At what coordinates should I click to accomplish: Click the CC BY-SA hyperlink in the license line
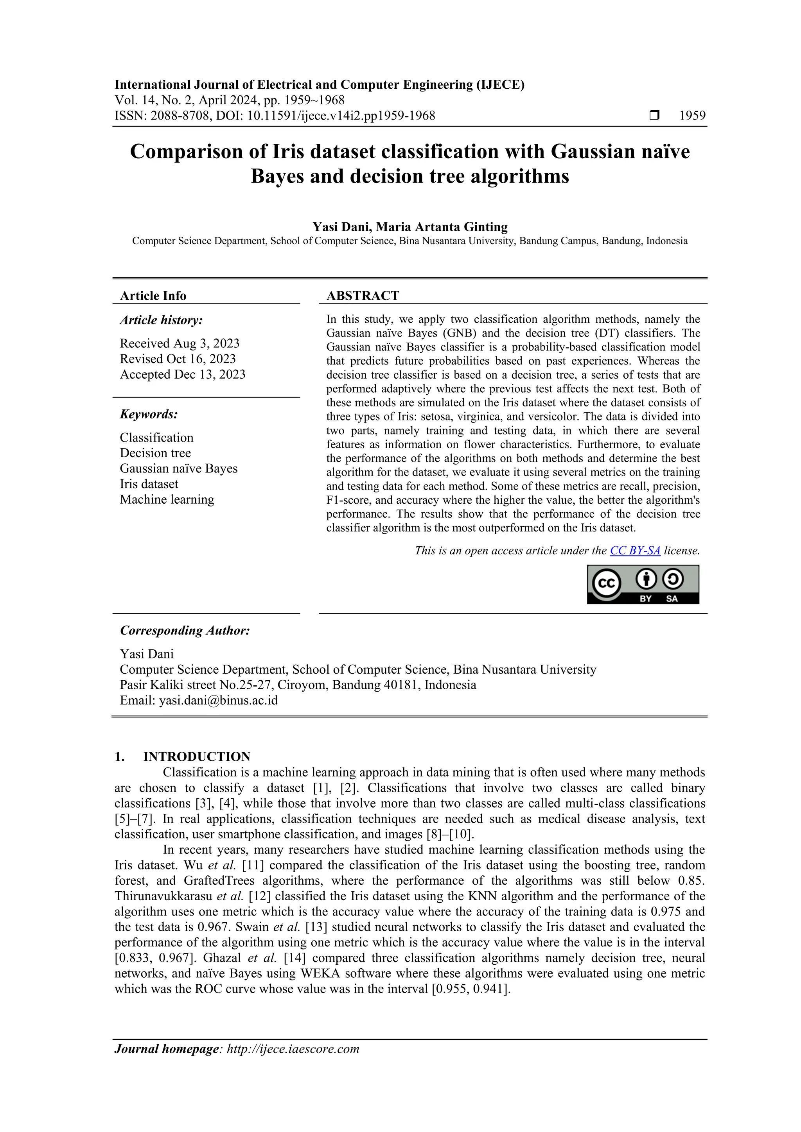(x=635, y=551)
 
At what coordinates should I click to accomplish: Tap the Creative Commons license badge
(x=643, y=584)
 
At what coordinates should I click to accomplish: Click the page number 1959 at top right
(x=692, y=116)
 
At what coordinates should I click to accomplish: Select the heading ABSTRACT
(x=363, y=296)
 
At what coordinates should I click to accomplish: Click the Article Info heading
(x=153, y=296)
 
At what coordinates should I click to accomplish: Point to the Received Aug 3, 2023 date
(x=180, y=343)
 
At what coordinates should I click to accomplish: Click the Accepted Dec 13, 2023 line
(x=183, y=375)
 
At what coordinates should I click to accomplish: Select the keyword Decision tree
(x=155, y=453)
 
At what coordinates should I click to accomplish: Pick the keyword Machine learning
(x=167, y=499)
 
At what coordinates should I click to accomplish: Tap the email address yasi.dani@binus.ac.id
(x=218, y=701)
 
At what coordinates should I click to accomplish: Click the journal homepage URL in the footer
(x=293, y=1049)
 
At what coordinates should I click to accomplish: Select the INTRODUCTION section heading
(x=196, y=757)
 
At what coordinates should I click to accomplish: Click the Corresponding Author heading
(x=185, y=631)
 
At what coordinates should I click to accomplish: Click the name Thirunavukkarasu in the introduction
(x=162, y=896)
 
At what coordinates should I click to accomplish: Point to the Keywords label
(x=149, y=414)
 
